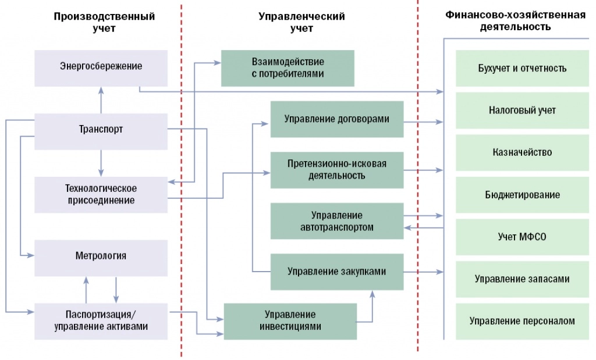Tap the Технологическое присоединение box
[101, 194]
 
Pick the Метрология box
[101, 256]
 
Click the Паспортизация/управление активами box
[101, 320]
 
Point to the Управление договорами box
[336, 119]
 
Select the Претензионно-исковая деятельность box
[336, 169]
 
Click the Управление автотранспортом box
[336, 221]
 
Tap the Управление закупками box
[336, 272]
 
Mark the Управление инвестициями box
[290, 320]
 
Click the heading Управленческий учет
[301, 22]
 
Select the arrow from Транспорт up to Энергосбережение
[101, 100]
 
